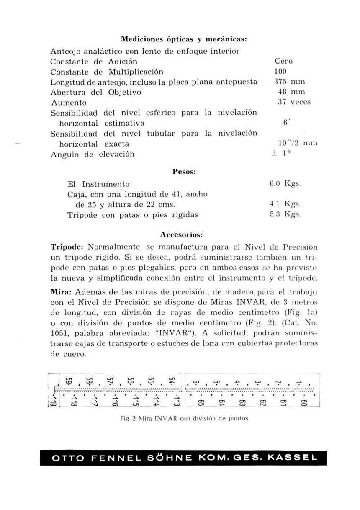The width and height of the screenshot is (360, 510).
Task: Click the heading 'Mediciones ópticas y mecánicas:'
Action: (x=184, y=39)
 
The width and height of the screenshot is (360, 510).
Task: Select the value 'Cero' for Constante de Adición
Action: (x=283, y=61)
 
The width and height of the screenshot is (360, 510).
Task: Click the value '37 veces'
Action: (x=294, y=102)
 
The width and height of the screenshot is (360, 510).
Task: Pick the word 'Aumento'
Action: (x=69, y=103)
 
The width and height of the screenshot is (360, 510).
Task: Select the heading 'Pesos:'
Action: (x=185, y=171)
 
